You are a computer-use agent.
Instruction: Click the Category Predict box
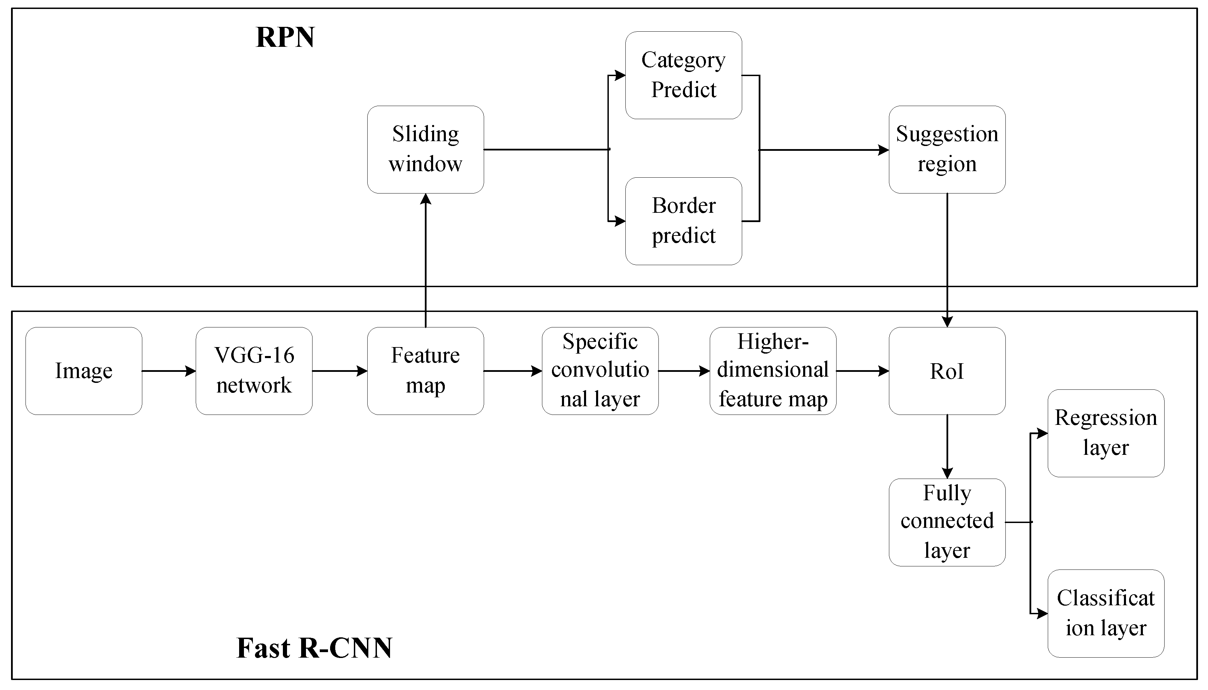point(683,75)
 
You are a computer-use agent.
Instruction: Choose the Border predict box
point(683,221)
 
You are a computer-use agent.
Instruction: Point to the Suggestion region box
point(947,149)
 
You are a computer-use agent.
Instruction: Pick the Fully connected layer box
point(947,522)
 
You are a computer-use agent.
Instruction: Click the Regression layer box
point(1106,433)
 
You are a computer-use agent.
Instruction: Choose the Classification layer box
point(1106,613)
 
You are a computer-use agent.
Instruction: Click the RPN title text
point(285,38)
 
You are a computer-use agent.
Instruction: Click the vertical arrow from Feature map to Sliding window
point(426,261)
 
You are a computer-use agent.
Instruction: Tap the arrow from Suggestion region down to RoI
point(947,261)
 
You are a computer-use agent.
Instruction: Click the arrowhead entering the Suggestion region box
point(883,150)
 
